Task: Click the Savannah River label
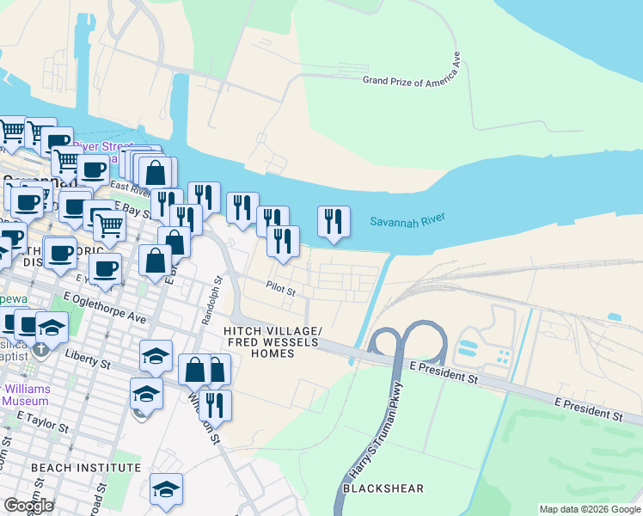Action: click(x=407, y=221)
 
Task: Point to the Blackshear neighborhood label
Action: click(x=383, y=488)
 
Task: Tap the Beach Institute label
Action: click(x=85, y=468)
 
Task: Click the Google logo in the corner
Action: click(x=28, y=506)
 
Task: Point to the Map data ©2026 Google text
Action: click(x=589, y=509)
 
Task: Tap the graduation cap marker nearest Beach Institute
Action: click(x=166, y=489)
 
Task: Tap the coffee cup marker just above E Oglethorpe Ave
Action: click(x=106, y=268)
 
